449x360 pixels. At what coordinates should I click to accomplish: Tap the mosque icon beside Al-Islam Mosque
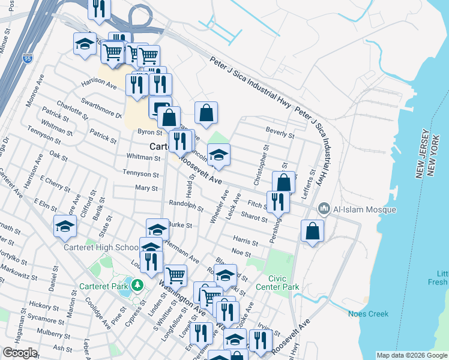click(324, 209)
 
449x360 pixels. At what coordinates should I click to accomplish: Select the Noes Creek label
click(368, 314)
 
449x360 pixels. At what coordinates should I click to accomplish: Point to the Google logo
click(20, 353)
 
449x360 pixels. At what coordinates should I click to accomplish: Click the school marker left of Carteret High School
click(65, 226)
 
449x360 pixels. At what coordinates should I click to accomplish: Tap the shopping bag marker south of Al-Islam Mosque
click(312, 231)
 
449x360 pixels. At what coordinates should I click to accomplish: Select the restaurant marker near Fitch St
click(277, 202)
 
